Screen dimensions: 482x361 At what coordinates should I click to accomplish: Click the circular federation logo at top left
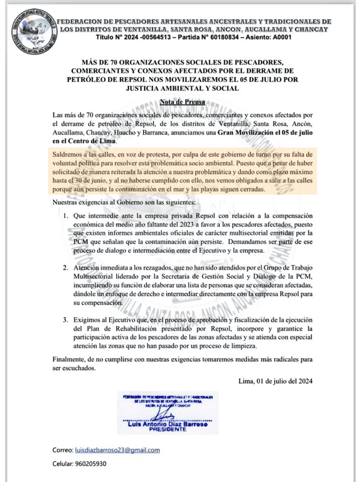point(34,32)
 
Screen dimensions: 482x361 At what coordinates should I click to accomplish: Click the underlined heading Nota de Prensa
point(182,102)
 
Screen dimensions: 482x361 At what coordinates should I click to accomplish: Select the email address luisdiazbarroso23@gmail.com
point(117,450)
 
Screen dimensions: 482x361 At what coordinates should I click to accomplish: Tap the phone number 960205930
point(91,464)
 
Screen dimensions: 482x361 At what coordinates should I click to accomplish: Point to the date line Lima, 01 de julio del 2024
point(275,381)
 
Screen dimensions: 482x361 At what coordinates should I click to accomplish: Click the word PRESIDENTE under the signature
point(167,430)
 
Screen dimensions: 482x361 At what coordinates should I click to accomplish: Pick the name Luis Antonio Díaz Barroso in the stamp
point(167,424)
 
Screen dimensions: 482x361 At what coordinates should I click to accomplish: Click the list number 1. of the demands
point(66,216)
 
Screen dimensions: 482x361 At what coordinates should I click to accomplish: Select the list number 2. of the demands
point(66,268)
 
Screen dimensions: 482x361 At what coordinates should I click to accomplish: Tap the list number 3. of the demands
point(66,320)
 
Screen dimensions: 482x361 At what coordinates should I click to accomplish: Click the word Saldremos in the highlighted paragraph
point(66,154)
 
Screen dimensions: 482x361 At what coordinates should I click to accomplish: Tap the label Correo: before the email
point(63,450)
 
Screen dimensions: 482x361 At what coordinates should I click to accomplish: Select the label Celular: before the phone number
point(63,464)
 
